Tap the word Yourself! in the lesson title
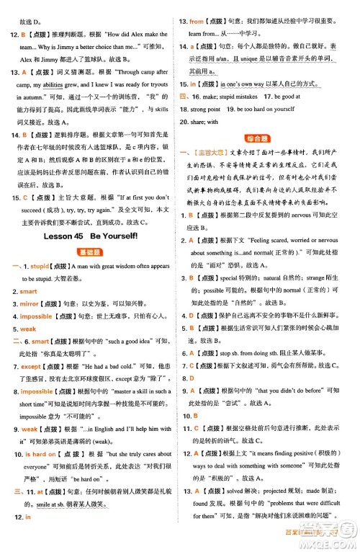click(x=126, y=236)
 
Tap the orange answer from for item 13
click(x=197, y=22)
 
